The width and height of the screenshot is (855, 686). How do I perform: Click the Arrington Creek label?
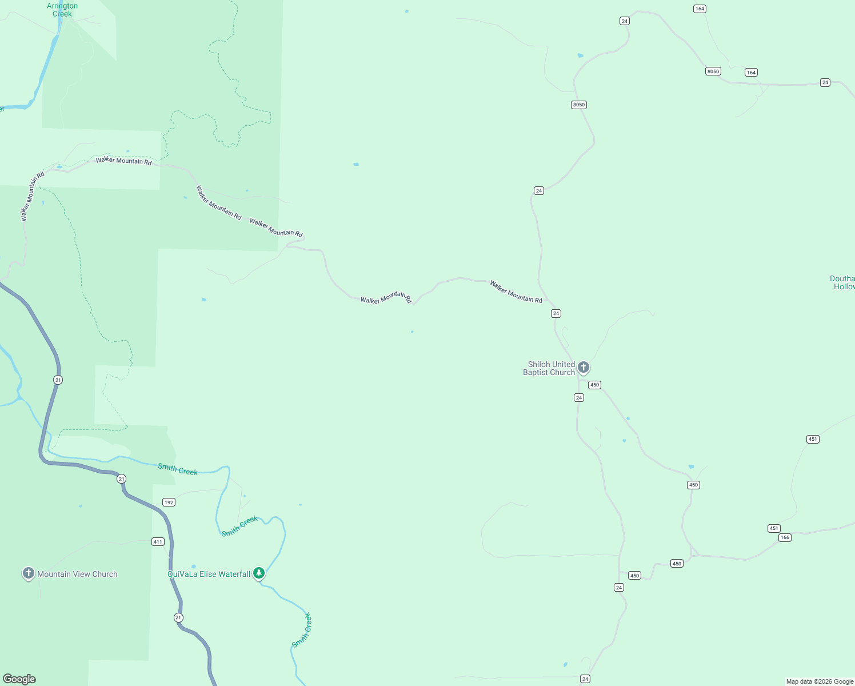pos(62,10)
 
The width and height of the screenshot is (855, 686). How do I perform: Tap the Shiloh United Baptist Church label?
pos(549,368)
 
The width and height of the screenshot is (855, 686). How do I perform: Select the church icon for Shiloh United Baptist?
pos(583,367)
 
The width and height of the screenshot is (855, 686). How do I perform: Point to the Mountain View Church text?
pos(77,574)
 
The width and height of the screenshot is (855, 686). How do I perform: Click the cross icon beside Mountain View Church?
pos(29,573)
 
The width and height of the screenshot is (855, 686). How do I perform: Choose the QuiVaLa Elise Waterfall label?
pos(209,574)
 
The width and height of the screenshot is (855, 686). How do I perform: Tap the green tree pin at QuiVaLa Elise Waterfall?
pos(259,572)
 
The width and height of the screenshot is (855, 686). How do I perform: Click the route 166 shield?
pos(785,537)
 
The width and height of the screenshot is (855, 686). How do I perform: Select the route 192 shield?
pos(169,502)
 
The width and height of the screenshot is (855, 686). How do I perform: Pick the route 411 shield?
pos(158,542)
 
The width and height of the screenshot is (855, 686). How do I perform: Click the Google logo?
pos(19,679)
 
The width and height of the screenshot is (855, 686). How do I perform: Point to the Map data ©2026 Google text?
pos(820,681)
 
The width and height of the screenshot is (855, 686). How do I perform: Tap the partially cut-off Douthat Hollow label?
pos(842,282)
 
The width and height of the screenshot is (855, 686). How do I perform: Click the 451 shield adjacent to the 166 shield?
pos(774,528)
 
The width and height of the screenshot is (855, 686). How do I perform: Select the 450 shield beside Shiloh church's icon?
pos(595,385)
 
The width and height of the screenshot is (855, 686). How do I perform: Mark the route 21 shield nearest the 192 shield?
pos(121,479)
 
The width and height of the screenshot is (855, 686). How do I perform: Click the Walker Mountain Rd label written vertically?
pos(32,197)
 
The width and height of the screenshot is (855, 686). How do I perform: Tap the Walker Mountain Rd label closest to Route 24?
pos(516,292)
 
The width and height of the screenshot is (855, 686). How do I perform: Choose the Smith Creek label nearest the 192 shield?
pos(178,470)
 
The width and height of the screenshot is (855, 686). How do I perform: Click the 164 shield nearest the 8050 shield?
pos(751,73)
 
